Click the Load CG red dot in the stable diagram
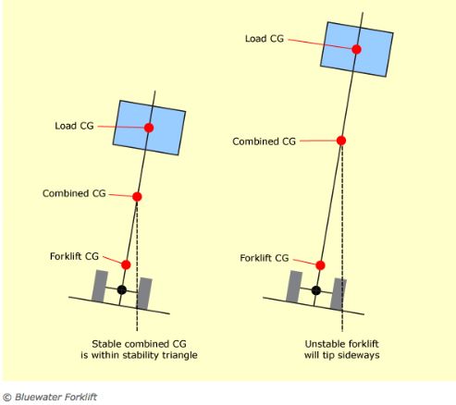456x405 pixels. click(x=149, y=128)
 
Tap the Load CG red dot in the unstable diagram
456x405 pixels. click(x=356, y=49)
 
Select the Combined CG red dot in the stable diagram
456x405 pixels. click(x=137, y=197)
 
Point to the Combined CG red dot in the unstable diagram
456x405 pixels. click(x=341, y=141)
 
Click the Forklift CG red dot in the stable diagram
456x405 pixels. click(x=126, y=264)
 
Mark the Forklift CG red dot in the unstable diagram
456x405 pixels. click(x=320, y=265)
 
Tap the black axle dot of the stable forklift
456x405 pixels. click(x=122, y=289)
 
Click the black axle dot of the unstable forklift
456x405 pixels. click(x=316, y=290)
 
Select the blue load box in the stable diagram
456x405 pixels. click(x=149, y=128)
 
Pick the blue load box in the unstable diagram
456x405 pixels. click(x=357, y=49)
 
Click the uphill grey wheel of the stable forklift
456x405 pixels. click(x=100, y=286)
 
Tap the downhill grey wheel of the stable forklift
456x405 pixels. click(x=144, y=293)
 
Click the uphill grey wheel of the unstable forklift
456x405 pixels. click(x=294, y=287)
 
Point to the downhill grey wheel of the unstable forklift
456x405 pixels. click(x=339, y=294)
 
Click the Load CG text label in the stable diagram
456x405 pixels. click(x=74, y=126)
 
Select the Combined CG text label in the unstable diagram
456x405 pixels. click(x=264, y=141)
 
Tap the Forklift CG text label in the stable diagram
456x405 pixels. click(x=74, y=256)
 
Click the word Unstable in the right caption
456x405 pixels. click(x=322, y=344)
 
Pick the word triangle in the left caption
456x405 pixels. click(x=179, y=355)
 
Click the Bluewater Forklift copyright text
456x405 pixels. click(x=50, y=397)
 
